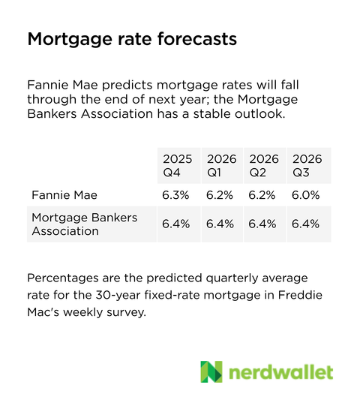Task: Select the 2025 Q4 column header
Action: [178, 165]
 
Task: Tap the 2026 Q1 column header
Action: [220, 165]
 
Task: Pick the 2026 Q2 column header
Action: [263, 165]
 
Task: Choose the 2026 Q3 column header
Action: [306, 165]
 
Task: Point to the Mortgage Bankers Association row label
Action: [84, 224]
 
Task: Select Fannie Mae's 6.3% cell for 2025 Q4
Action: [178, 195]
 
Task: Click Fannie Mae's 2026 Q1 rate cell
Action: [220, 195]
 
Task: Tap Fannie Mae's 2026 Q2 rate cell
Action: [263, 195]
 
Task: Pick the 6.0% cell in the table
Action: [306, 195]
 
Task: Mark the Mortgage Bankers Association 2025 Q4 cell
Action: [178, 224]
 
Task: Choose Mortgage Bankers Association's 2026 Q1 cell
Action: [220, 224]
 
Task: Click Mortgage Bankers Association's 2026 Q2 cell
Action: [263, 224]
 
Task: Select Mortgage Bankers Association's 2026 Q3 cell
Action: [306, 224]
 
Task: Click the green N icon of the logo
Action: [211, 372]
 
